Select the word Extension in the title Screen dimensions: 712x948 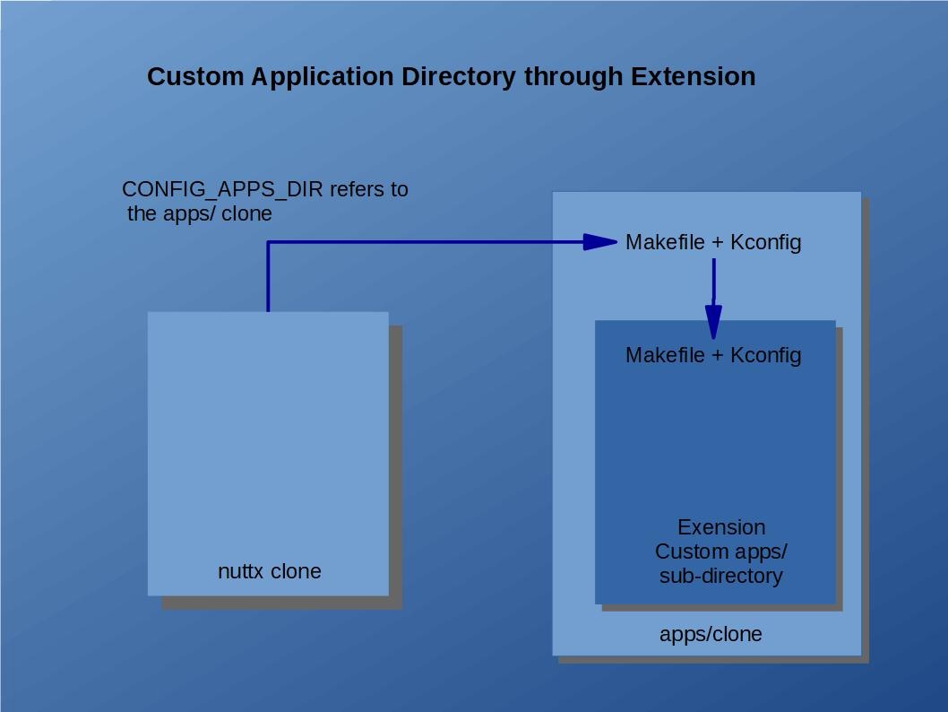click(693, 77)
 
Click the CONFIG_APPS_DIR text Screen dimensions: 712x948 click(223, 190)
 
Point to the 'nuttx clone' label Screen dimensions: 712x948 click(269, 571)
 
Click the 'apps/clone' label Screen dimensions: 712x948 click(711, 634)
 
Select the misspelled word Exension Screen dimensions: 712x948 click(721, 527)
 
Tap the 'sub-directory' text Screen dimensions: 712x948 click(720, 576)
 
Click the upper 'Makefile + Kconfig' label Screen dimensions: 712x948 click(713, 242)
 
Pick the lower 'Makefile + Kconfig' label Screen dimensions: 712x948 click(713, 355)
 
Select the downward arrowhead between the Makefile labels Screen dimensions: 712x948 click(713, 320)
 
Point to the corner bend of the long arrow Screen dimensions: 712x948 click(268, 242)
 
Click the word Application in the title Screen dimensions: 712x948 click(322, 77)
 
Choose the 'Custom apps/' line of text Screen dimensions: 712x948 click(721, 551)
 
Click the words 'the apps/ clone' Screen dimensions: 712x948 click(200, 214)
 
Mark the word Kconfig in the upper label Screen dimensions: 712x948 click(766, 242)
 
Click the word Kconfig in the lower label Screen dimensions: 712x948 click(766, 355)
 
